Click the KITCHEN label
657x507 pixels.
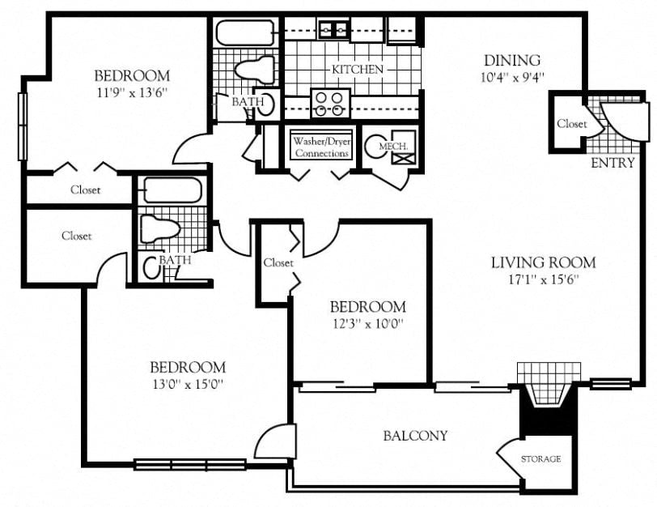[357, 70]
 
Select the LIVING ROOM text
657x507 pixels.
[543, 262]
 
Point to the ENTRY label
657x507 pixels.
[612, 163]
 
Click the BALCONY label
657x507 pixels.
[415, 436]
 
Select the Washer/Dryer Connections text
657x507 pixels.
[321, 147]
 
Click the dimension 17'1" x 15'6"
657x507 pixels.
[543, 280]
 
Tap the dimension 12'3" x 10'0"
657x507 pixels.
[367, 324]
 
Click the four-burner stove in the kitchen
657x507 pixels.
[329, 103]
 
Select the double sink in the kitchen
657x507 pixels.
[332, 30]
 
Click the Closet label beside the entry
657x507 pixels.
[571, 124]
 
